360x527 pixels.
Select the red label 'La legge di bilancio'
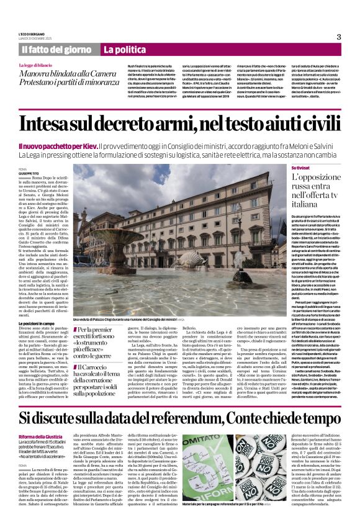click(x=35, y=65)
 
